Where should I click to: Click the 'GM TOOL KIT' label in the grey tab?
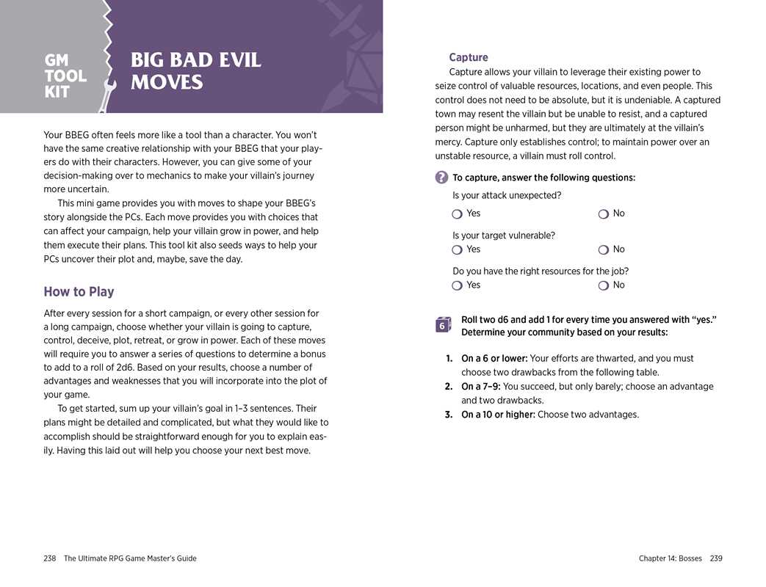point(65,76)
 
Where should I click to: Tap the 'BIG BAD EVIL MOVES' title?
point(195,70)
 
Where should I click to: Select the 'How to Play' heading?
point(79,291)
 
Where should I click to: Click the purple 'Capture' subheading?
point(468,57)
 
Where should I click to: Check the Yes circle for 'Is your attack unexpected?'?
point(457,214)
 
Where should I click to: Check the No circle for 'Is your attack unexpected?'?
point(603,214)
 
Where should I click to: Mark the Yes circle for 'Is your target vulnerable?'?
point(457,249)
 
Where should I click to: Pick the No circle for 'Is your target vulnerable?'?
point(603,249)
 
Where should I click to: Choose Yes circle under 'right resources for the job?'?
point(457,285)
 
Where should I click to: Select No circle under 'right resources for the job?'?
point(603,285)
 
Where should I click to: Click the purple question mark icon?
point(441,178)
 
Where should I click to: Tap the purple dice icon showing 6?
point(443,325)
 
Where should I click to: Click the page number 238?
point(50,558)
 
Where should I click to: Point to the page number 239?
point(716,558)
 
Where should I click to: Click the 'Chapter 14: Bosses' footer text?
point(670,558)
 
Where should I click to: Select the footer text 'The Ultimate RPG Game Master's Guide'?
point(130,558)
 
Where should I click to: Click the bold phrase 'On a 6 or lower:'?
point(494,359)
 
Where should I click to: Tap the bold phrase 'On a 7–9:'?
point(480,387)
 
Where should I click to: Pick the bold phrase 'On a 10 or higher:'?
point(498,415)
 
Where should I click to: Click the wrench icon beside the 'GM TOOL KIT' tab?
point(109,92)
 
